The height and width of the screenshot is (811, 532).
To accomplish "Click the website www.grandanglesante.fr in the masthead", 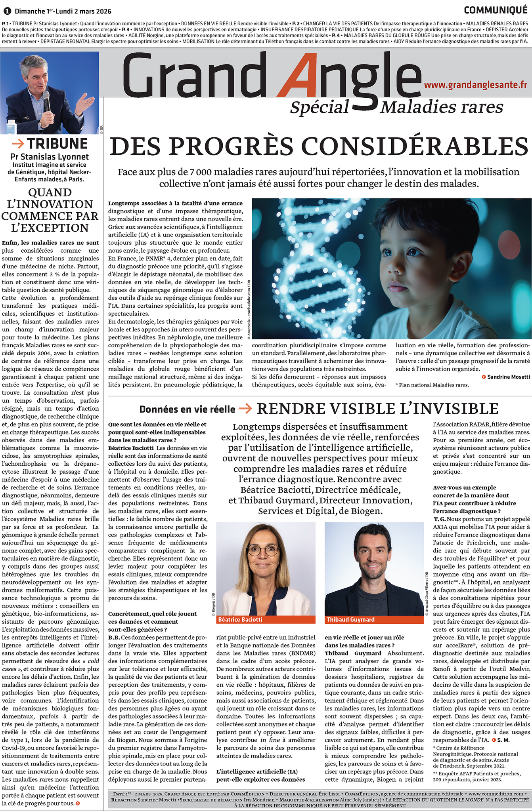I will click(475, 84).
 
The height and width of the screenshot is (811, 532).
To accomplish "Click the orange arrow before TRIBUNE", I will click(18, 143).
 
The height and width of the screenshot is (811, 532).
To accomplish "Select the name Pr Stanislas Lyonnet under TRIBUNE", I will click(50, 156).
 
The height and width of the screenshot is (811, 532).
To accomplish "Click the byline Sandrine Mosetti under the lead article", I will click(508, 377).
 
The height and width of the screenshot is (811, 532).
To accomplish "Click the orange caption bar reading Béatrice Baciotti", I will click(266, 619).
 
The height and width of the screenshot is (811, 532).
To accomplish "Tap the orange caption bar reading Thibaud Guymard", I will click(374, 619).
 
